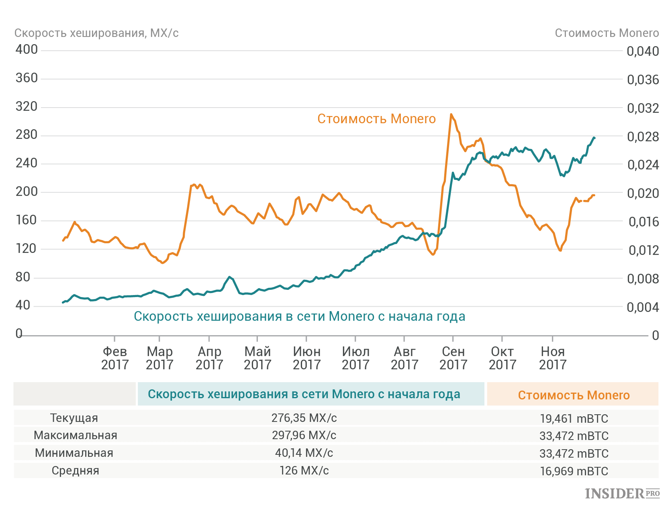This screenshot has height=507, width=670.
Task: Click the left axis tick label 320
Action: point(27,106)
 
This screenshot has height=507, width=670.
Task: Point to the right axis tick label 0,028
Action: point(643,136)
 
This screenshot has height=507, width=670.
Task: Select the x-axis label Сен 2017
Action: point(453,358)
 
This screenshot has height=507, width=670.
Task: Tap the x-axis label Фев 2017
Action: point(115,358)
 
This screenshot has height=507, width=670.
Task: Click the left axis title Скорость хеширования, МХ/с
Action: point(96,33)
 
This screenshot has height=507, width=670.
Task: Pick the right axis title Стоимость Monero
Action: point(607,33)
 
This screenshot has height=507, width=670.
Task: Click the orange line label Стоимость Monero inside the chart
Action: point(376,119)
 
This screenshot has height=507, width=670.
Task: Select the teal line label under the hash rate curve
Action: point(299,316)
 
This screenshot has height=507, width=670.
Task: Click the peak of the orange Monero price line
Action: point(451,114)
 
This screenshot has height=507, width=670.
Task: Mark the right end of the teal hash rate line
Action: point(594,138)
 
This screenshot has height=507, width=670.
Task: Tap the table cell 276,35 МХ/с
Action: point(304,418)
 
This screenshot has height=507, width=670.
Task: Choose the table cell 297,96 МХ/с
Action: point(304,435)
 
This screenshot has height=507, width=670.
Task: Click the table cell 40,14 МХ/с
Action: point(304,453)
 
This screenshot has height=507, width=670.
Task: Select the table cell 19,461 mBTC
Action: point(574,418)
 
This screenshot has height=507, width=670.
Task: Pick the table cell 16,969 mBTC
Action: point(574,471)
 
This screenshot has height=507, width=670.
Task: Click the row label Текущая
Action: point(74,418)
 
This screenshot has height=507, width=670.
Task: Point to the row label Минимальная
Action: point(74,453)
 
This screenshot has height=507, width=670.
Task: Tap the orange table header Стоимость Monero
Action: point(573,395)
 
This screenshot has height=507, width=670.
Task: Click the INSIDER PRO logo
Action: point(622,493)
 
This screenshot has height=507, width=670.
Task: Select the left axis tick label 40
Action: point(23,305)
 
